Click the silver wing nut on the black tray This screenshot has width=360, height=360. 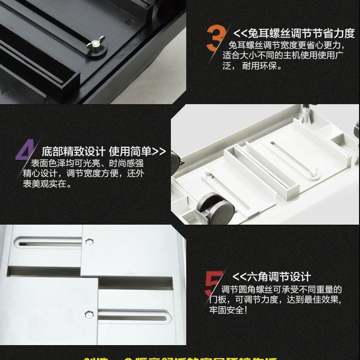[95, 46]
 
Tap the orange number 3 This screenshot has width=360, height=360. [216, 38]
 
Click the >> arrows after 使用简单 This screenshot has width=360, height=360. [161, 151]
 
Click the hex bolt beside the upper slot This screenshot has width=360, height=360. [89, 241]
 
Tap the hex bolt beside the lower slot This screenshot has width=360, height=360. [89, 314]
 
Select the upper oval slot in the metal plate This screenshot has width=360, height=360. [48, 244]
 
